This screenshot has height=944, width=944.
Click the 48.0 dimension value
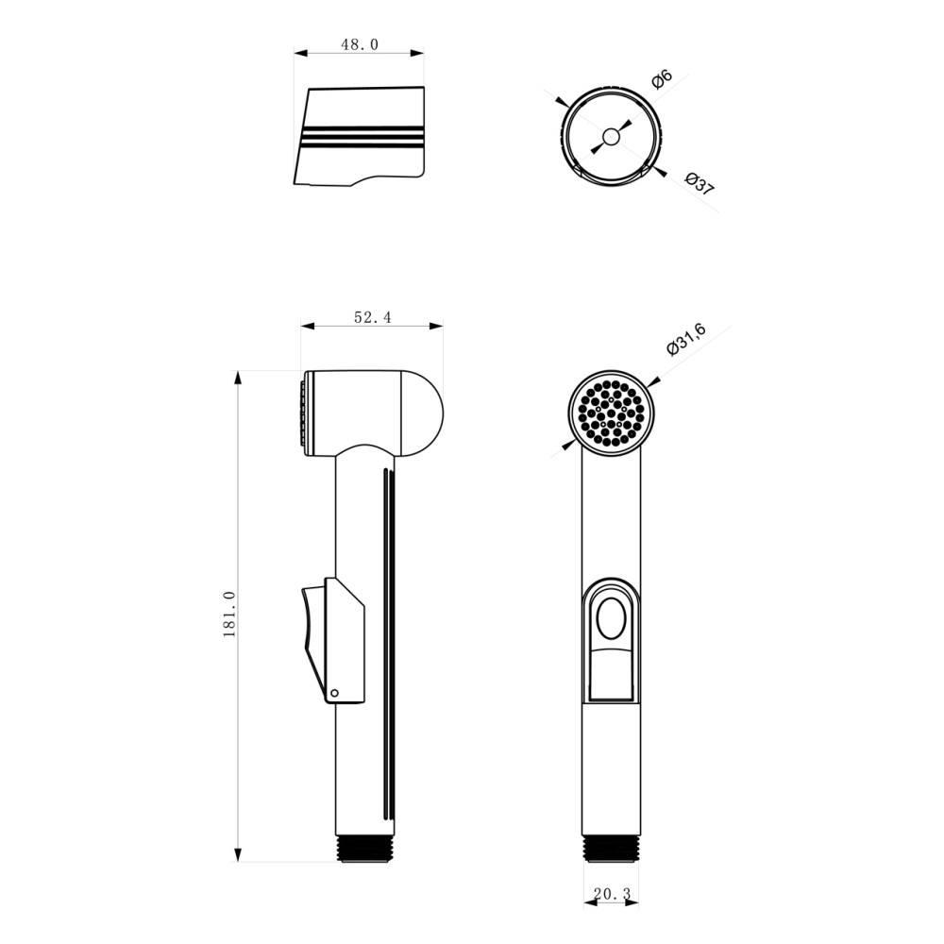[x=360, y=44]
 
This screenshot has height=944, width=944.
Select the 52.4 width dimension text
[x=372, y=317]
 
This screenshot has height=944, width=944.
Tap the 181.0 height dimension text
[x=229, y=615]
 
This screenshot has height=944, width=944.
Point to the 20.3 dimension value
[x=612, y=894]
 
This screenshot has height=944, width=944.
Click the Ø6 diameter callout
[x=662, y=79]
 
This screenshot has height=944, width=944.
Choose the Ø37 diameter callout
[x=700, y=184]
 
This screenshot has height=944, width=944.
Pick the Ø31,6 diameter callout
[x=686, y=340]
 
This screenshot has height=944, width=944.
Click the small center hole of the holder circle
[x=611, y=137]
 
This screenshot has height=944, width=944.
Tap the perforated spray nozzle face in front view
[x=611, y=413]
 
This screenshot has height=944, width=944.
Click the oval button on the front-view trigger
[x=611, y=618]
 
